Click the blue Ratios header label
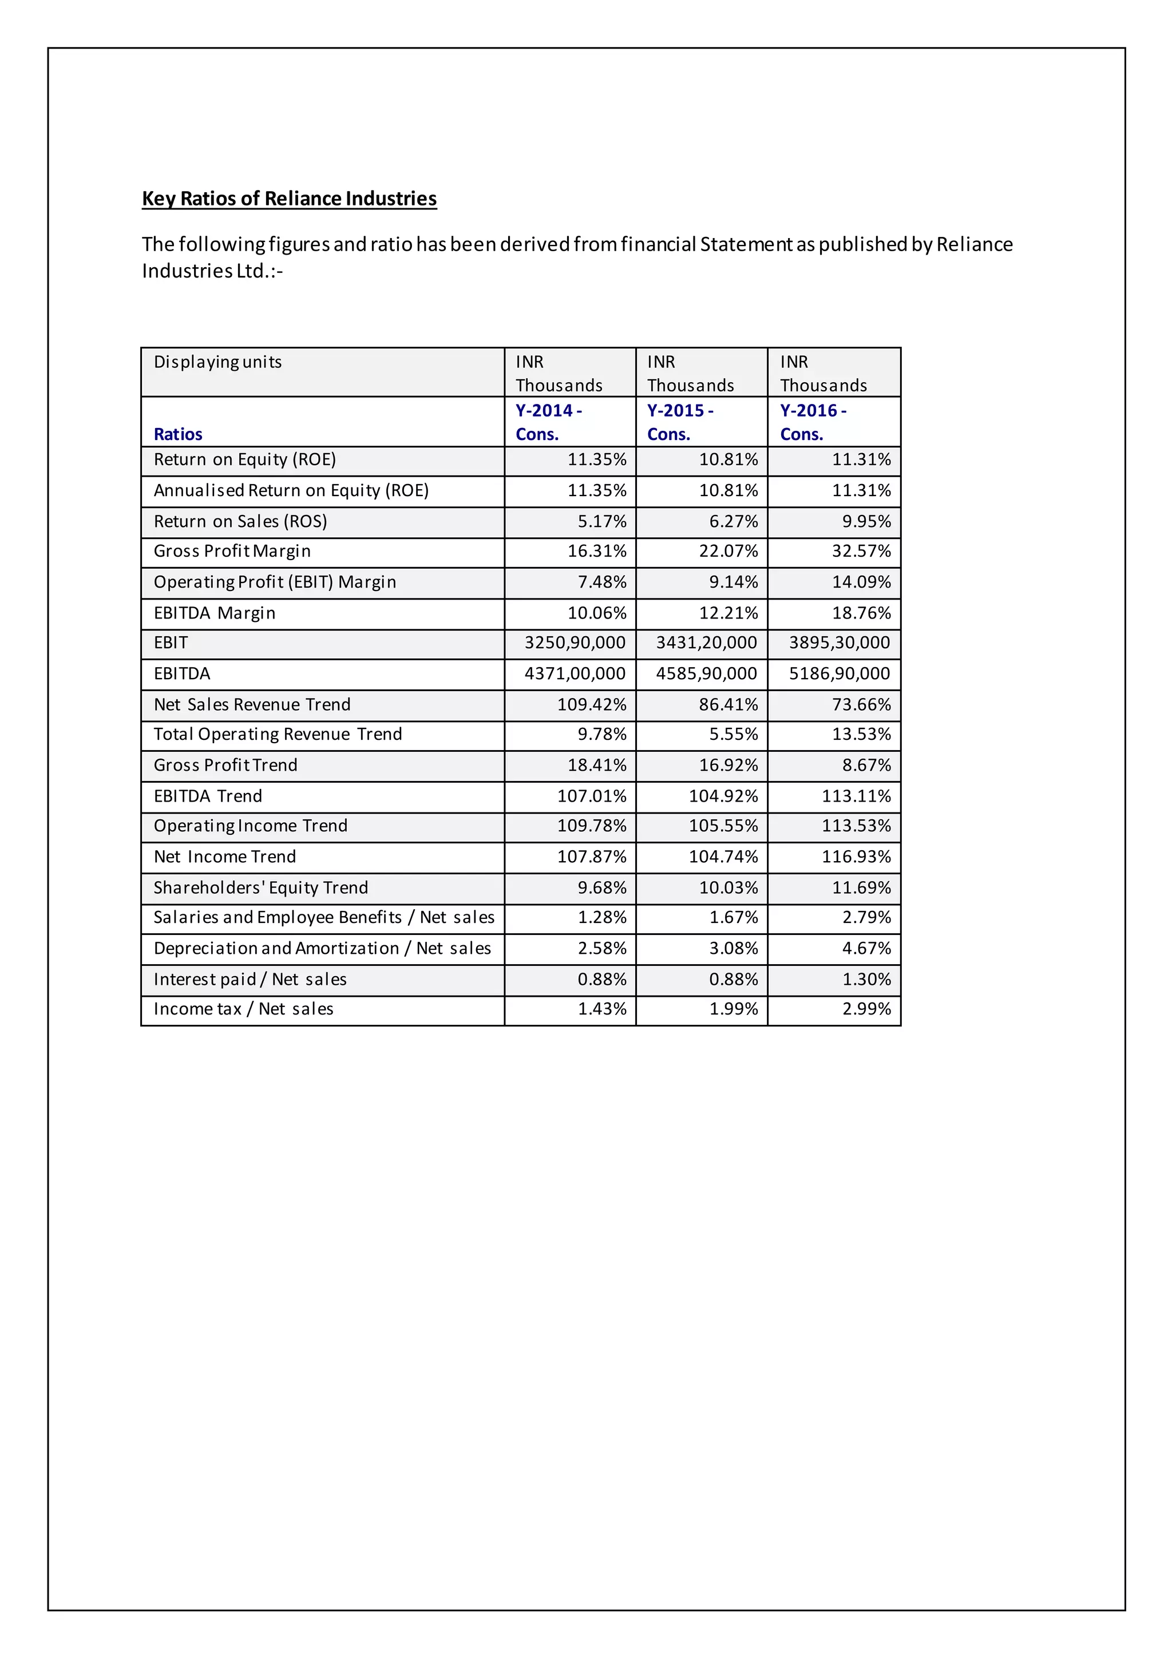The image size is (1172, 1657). click(177, 434)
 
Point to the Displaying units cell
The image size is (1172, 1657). click(217, 362)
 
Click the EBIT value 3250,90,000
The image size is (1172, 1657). click(575, 643)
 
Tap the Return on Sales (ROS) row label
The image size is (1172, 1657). click(240, 521)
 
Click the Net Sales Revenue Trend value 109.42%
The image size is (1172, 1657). click(591, 704)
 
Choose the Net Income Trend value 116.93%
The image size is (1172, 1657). click(856, 857)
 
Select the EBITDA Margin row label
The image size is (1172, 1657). click(215, 613)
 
